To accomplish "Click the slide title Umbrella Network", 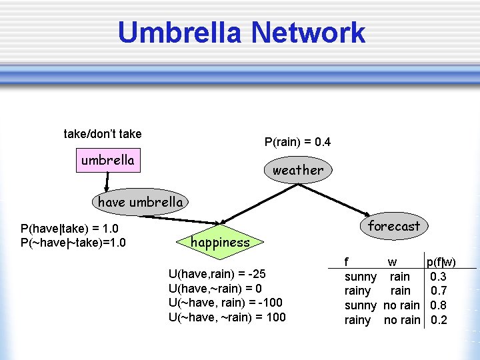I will pyautogui.click(x=241, y=33).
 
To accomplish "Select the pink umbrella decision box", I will pyautogui.click(x=108, y=161).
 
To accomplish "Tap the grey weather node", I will pyautogui.click(x=297, y=170).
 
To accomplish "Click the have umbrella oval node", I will pyautogui.click(x=140, y=202).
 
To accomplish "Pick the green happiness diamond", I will pyautogui.click(x=220, y=243).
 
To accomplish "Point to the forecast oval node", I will pyautogui.click(x=393, y=226).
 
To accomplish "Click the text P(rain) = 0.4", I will pyautogui.click(x=297, y=142).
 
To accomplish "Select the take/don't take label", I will pyautogui.click(x=103, y=134).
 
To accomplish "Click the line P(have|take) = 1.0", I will pyautogui.click(x=69, y=229).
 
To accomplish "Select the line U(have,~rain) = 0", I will pyautogui.click(x=215, y=288).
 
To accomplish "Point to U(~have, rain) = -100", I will pyautogui.click(x=225, y=303).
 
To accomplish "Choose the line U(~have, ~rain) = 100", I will pyautogui.click(x=227, y=317).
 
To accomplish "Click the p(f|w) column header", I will pyautogui.click(x=441, y=261).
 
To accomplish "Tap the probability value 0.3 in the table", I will pyautogui.click(x=439, y=276).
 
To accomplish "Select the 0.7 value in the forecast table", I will pyautogui.click(x=439, y=291).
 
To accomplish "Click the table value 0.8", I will pyautogui.click(x=439, y=305).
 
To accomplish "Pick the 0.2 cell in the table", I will pyautogui.click(x=439, y=320).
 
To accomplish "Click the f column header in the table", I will pyautogui.click(x=346, y=261).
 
